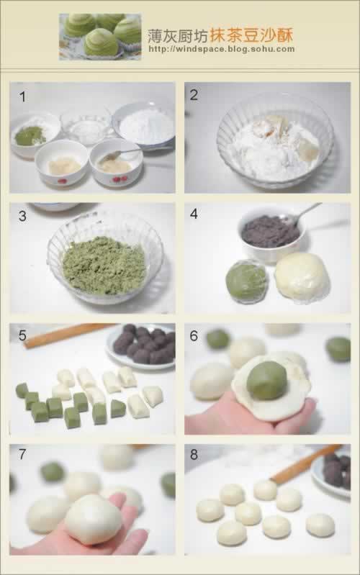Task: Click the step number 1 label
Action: [x=23, y=97]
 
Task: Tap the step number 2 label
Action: [x=194, y=95]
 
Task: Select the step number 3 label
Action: [x=22, y=216]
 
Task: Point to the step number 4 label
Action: [x=194, y=214]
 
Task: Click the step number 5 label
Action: [x=22, y=335]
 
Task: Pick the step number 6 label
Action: [x=194, y=335]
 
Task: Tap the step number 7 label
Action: [x=22, y=454]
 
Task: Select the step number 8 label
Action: [x=194, y=454]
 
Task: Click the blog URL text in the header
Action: [x=222, y=49]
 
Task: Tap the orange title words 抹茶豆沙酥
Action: [x=251, y=35]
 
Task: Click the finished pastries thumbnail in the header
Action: [x=100, y=37]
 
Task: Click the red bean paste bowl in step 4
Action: [x=271, y=235]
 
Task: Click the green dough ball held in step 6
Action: [x=267, y=380]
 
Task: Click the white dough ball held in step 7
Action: [x=93, y=519]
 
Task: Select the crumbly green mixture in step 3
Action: [x=104, y=265]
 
